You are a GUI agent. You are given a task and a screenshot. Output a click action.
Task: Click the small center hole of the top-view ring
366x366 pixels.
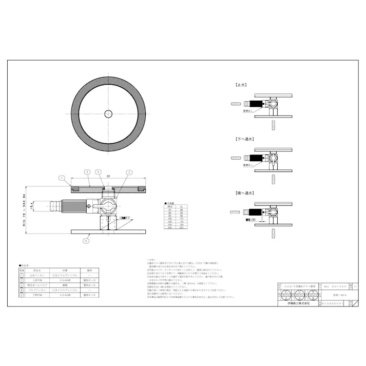(x=109, y=114)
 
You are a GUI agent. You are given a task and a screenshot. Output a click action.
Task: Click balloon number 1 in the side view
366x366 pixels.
(x=61, y=179)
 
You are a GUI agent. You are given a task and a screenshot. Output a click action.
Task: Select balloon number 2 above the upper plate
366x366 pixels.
(x=88, y=171)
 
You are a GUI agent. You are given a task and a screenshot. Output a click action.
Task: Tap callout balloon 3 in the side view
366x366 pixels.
(x=129, y=172)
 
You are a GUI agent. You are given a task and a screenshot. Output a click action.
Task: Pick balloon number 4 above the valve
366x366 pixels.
(x=99, y=171)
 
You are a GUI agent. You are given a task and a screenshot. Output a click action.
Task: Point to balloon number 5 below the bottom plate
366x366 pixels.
(x=86, y=240)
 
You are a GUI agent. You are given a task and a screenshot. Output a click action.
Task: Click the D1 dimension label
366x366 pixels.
(x=109, y=176)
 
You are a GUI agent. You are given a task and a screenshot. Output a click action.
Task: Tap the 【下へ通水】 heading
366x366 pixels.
(x=244, y=139)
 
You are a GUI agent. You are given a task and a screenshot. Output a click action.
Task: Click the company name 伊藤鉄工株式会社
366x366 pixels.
(x=297, y=303)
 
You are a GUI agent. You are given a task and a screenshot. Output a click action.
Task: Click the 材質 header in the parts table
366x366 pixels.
(x=66, y=269)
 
